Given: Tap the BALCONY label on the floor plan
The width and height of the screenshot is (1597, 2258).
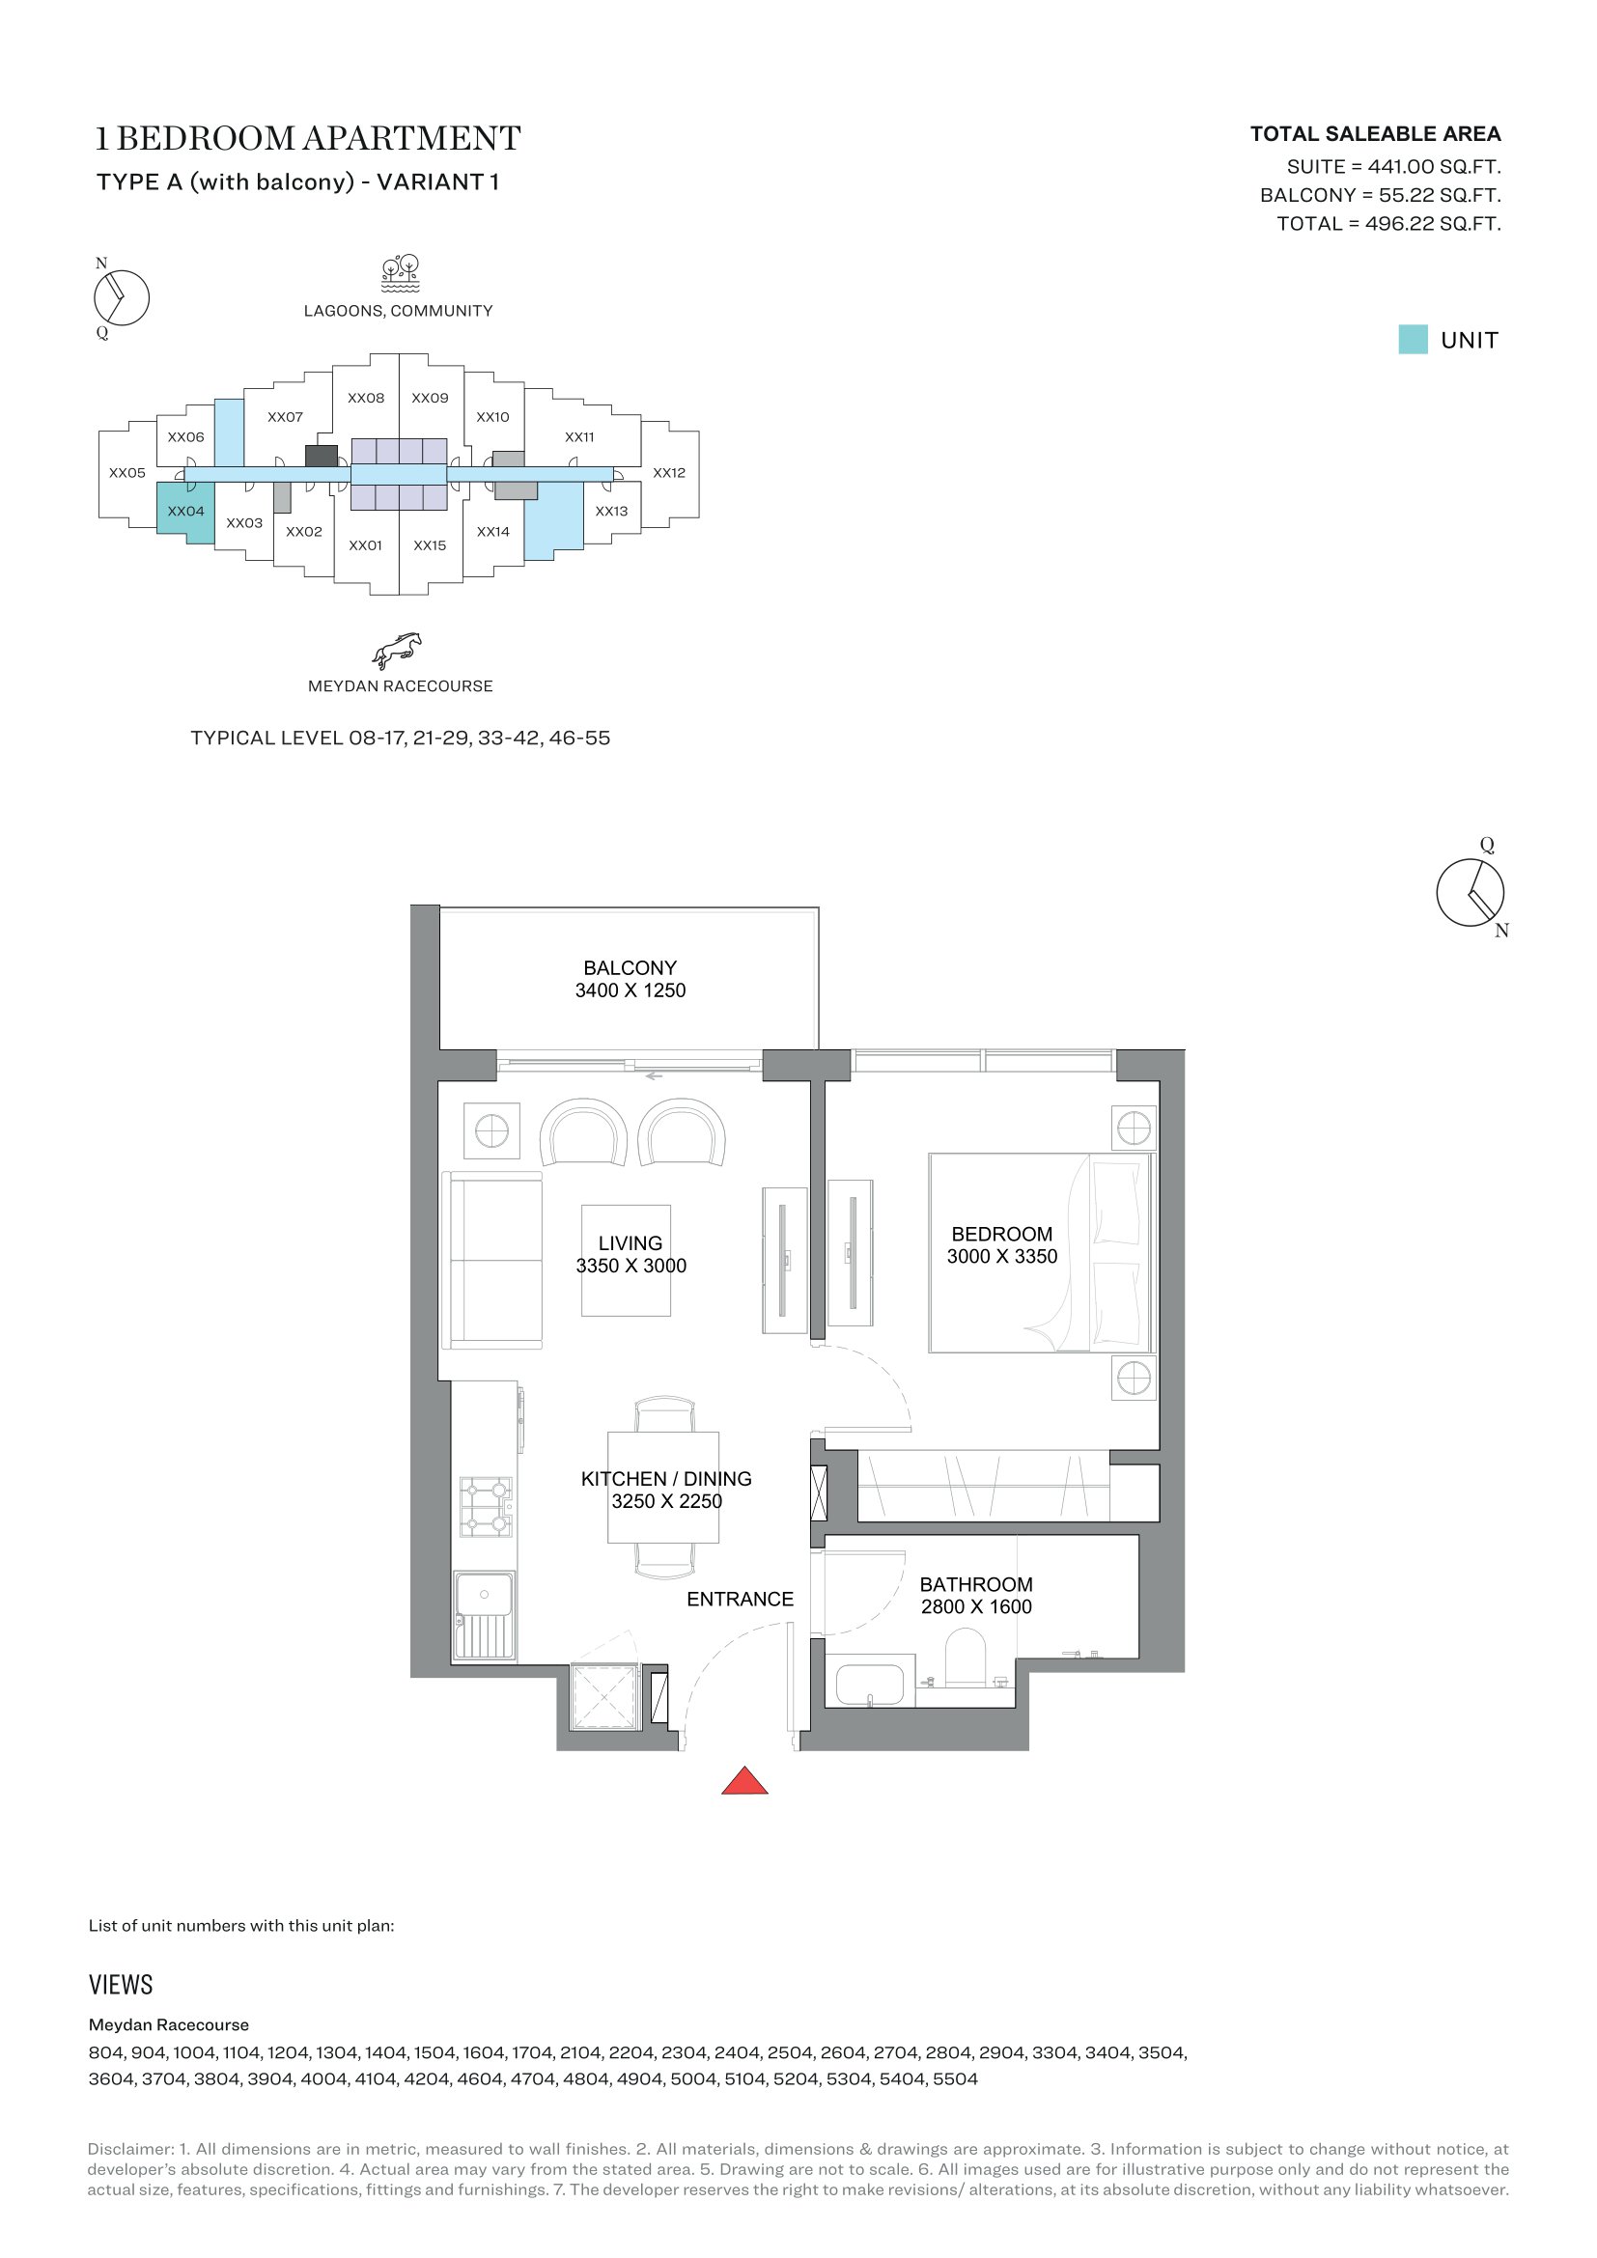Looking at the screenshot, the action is point(630,967).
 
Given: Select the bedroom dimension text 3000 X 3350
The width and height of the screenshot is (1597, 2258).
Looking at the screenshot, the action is point(1002,1257).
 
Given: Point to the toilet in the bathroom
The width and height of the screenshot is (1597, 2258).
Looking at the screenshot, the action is point(965,1658).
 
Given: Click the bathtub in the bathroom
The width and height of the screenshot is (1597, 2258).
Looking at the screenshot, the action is point(869,1685).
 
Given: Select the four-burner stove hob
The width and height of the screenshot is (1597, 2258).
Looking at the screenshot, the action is point(486,1507).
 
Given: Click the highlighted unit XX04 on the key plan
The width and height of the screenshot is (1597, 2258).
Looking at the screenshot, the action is point(185,512).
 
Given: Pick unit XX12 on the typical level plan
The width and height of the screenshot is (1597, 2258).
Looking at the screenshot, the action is point(669,473).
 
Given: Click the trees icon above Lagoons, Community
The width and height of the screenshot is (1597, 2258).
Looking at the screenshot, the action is point(401,273).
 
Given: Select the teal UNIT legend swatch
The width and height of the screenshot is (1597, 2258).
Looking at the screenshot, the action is point(1414,339).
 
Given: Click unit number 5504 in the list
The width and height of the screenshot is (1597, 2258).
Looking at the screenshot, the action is point(955,2079).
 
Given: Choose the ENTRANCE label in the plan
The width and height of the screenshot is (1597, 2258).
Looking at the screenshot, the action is point(740,1599).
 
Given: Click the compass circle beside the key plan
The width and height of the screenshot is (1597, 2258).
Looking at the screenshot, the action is point(122,298).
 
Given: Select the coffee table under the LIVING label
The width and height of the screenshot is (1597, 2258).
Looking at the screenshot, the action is point(627,1260).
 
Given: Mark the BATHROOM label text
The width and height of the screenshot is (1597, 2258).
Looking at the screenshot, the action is point(976,1584).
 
